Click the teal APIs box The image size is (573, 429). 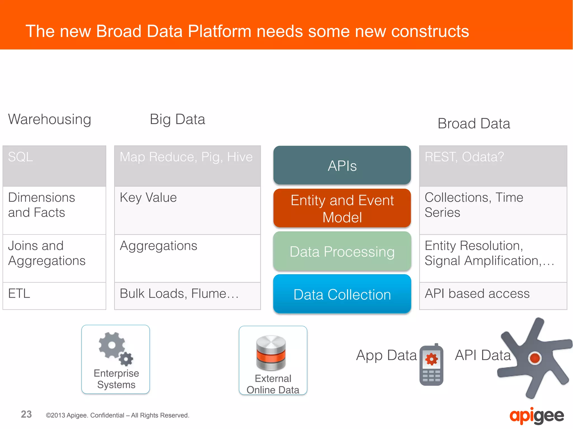[342, 165]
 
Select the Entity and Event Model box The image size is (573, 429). [342, 208]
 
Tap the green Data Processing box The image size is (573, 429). [342, 251]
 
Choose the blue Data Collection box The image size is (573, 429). [342, 294]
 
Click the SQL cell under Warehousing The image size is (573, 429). [54, 166]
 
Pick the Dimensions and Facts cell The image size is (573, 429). [54, 210]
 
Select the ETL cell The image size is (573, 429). [54, 296]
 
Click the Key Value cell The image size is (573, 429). [187, 210]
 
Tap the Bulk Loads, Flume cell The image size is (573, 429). [187, 296]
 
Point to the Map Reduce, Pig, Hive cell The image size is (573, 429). [187, 166]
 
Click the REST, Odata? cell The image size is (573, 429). [493, 166]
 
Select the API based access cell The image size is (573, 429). [493, 296]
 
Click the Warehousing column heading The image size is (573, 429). [50, 119]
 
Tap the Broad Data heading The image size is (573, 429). [474, 124]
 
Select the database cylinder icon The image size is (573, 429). [271, 353]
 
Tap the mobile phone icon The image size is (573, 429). [431, 364]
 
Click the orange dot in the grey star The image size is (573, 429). [535, 358]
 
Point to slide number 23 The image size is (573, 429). [26, 414]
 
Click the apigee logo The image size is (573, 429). [536, 416]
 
